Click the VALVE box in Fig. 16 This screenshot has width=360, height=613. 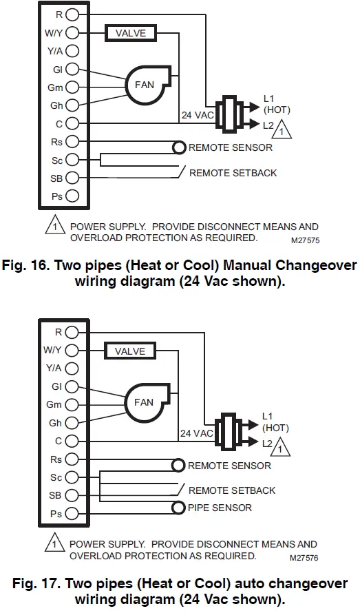click(130, 32)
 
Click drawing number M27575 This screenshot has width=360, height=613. click(305, 240)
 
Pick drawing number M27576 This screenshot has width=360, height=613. click(305, 559)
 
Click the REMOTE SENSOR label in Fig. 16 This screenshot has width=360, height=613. click(230, 147)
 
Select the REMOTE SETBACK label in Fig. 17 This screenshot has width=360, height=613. click(231, 490)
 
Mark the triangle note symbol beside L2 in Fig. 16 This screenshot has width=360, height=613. click(282, 129)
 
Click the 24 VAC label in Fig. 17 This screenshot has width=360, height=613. click(196, 433)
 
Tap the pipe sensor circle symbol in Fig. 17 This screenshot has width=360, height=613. click(179, 508)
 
